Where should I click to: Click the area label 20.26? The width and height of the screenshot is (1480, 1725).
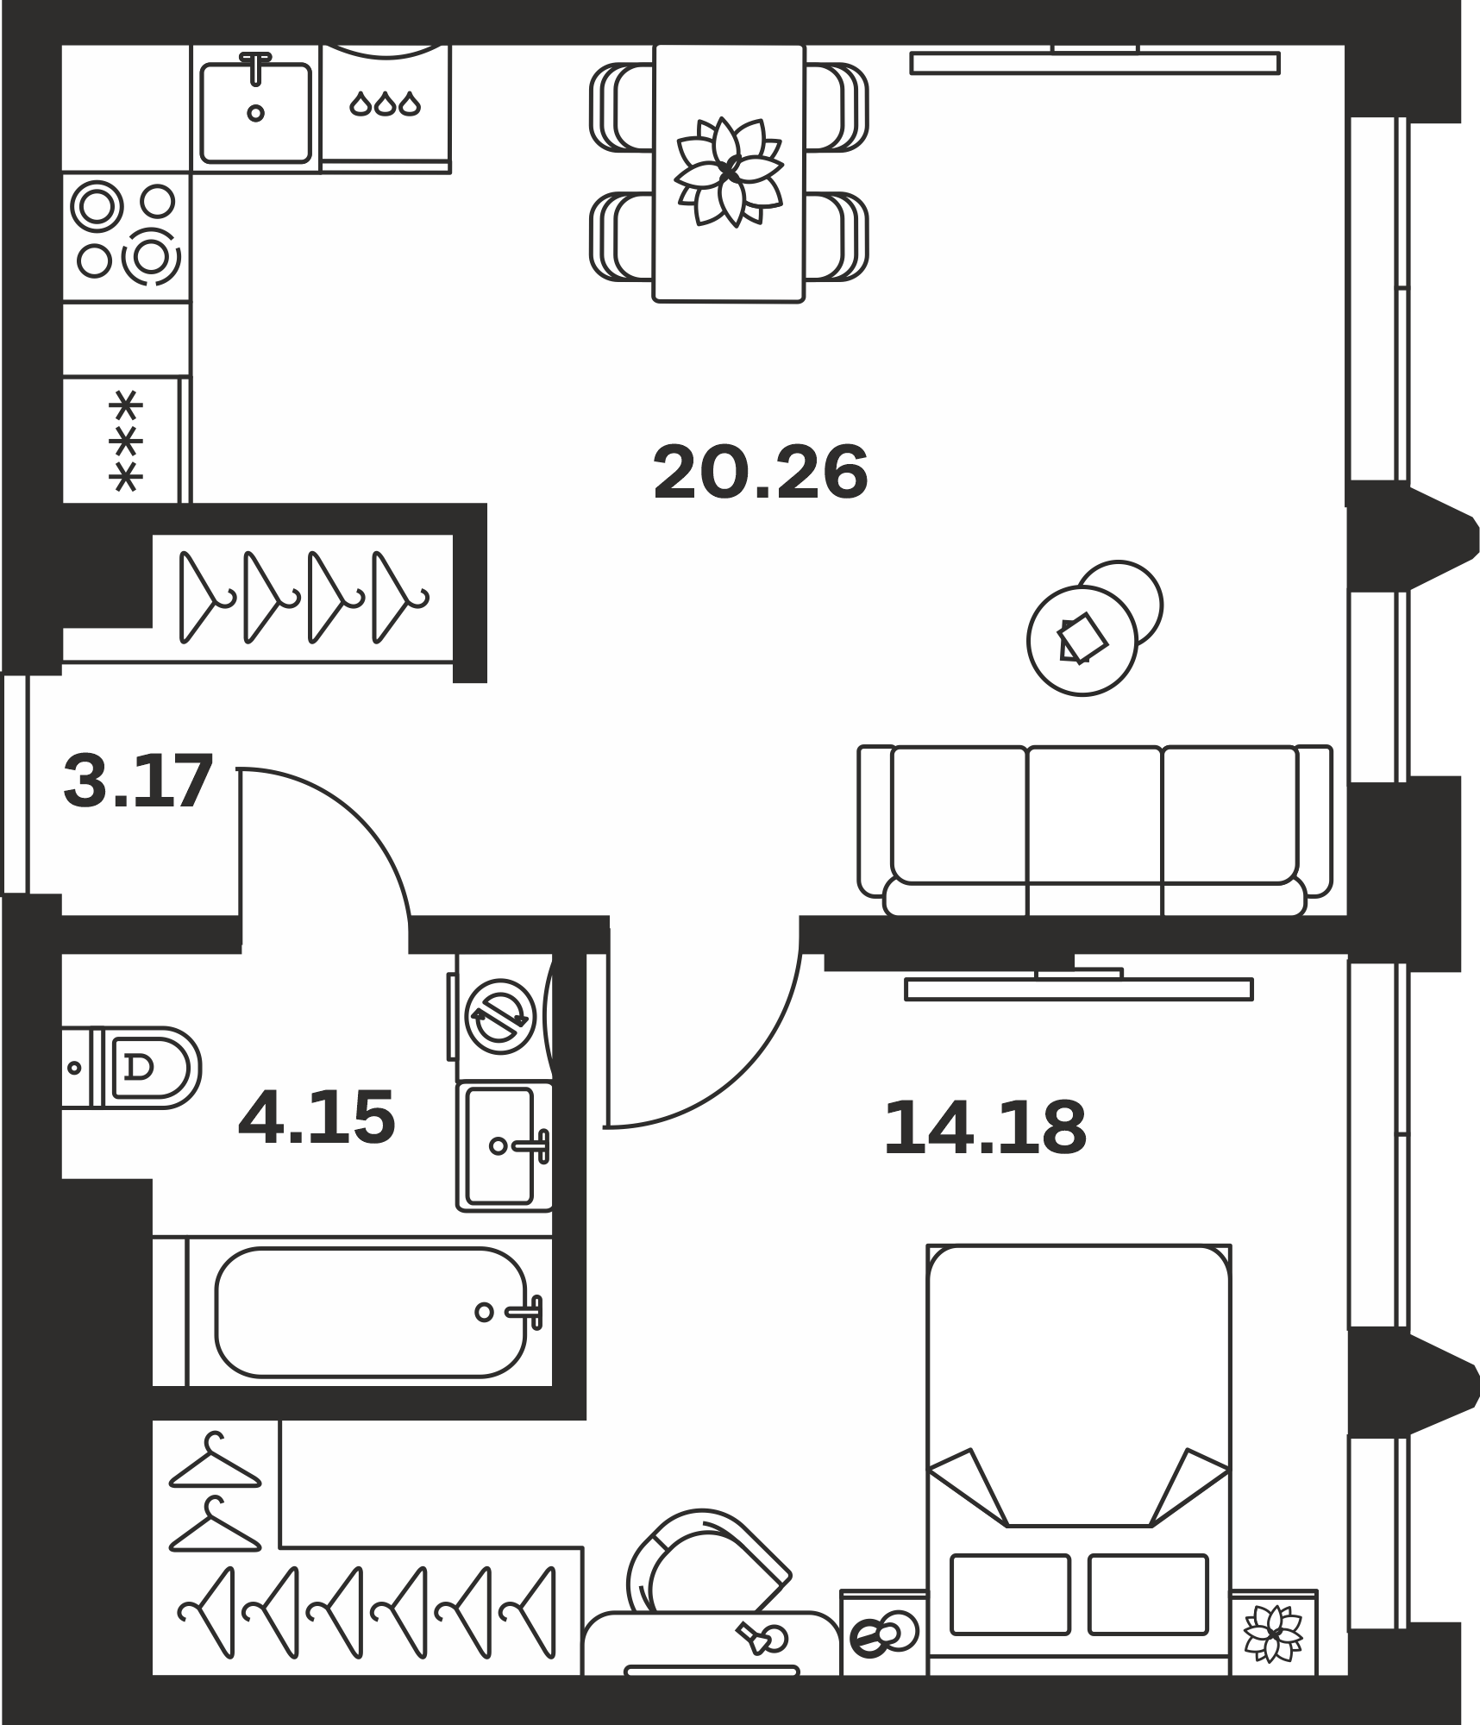coord(760,473)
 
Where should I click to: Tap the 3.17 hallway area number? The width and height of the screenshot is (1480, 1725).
coord(138,781)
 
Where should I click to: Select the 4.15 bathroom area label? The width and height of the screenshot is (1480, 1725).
coord(317,1118)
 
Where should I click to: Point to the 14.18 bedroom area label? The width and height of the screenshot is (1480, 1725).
coord(985,1127)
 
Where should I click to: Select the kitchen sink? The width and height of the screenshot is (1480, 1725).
coord(255,109)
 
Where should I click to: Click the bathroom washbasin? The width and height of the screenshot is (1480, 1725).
coord(505,1146)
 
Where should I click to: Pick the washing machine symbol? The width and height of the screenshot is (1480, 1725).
coord(501,1017)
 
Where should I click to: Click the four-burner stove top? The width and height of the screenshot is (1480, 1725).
coord(127,237)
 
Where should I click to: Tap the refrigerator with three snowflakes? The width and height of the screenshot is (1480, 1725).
coord(126,440)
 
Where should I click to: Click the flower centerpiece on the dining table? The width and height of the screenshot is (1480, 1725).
coord(729,172)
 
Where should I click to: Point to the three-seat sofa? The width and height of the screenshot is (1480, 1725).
coord(1095,830)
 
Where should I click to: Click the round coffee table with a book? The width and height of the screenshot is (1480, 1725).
coord(1082,640)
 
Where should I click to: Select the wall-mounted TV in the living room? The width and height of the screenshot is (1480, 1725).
coord(1094,62)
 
